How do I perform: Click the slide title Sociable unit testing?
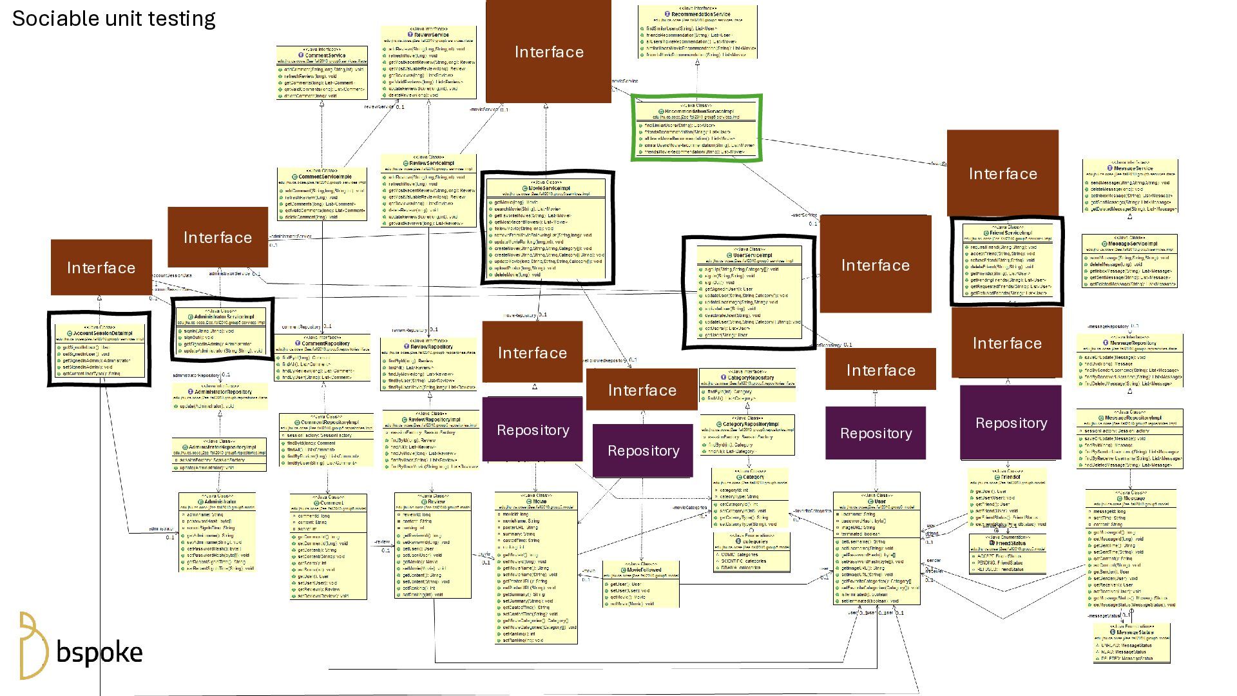click(113, 19)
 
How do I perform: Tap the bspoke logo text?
click(99, 652)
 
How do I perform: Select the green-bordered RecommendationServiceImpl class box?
click(696, 128)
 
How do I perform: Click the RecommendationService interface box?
click(697, 32)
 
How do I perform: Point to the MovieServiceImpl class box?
click(547, 228)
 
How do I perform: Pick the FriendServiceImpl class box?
click(1007, 260)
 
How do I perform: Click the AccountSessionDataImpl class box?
click(99, 351)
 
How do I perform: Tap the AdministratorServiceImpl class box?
click(223, 333)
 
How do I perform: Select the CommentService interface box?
click(322, 73)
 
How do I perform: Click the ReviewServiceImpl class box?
click(428, 191)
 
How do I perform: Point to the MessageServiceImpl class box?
click(1130, 261)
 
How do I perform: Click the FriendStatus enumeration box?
click(1007, 554)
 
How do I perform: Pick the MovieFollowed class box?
click(641, 584)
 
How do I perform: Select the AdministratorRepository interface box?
click(220, 396)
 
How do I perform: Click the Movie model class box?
click(536, 568)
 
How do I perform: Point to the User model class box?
click(876, 548)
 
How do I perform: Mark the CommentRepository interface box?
click(323, 358)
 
